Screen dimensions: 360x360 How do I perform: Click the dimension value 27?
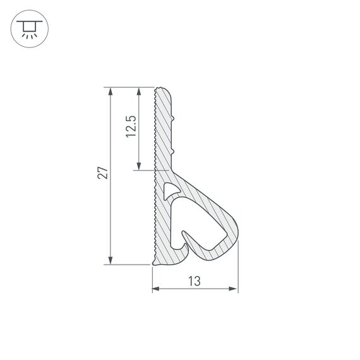pos(103,173)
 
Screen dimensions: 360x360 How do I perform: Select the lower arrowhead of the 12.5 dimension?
pos(138,165)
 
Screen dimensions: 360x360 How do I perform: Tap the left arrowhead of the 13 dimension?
pos(156,289)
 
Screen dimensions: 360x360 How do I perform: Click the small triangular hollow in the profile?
pos(169,189)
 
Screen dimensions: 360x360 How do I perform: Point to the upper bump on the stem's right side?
pos(174,118)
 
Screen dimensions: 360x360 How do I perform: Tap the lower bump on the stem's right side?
pos(174,152)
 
